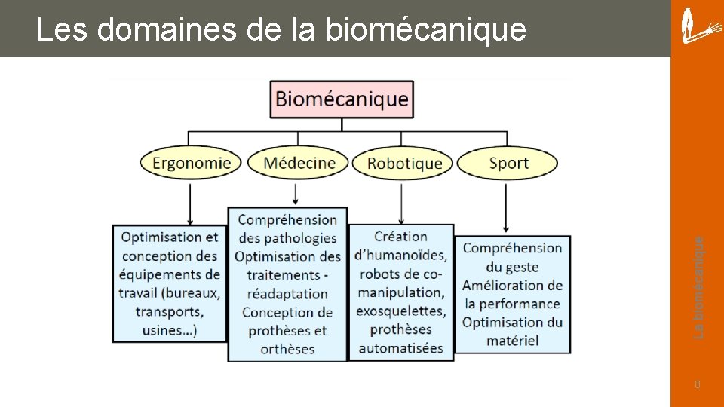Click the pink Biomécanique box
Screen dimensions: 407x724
tap(342, 99)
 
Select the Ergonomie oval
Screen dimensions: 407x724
tap(191, 163)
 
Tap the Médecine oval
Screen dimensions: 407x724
tap(299, 163)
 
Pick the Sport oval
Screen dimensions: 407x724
tap(508, 163)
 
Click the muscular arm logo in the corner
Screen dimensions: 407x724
tap(698, 26)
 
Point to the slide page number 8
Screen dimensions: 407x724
tap(698, 385)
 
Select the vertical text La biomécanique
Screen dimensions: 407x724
tap(699, 287)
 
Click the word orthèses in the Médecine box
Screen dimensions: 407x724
tap(287, 349)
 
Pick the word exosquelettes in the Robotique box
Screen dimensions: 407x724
tap(400, 311)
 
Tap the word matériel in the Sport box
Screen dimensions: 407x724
tap(512, 341)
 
